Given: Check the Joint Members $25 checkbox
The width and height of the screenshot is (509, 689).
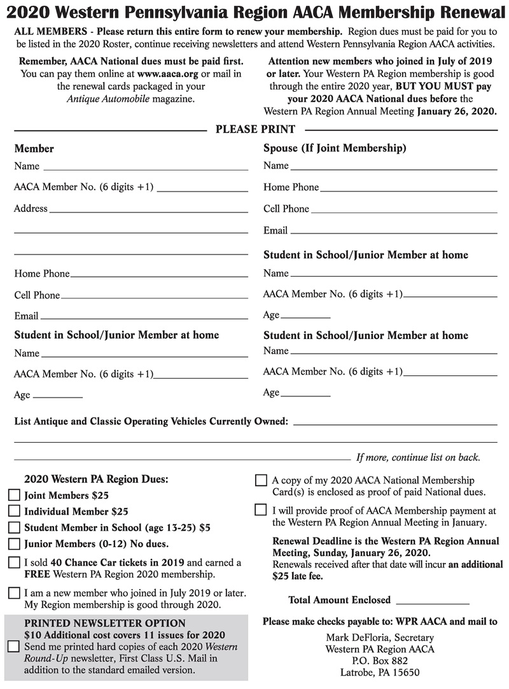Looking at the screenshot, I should [14, 495].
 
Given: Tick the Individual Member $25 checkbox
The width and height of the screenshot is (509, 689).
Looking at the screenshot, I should [14, 511].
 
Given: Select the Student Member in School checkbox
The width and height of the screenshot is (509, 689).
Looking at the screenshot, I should [14, 527].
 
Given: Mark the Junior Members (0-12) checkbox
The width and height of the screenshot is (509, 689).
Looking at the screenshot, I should [14, 544].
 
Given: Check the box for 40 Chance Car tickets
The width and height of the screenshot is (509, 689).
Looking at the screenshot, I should [14, 562].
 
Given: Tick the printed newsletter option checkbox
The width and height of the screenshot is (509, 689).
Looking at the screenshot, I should [14, 646].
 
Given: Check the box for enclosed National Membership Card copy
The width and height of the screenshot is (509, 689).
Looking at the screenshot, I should [261, 480].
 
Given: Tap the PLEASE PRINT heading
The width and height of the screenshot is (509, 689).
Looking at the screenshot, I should [255, 129].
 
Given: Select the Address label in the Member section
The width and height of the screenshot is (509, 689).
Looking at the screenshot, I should [31, 208].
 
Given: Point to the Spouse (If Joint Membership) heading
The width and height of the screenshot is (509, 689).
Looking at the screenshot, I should [335, 148].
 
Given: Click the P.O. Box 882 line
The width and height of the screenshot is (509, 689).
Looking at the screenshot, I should [380, 660].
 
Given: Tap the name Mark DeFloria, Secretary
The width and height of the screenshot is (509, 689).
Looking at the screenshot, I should [380, 637].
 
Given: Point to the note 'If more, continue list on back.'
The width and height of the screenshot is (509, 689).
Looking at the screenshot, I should [418, 457].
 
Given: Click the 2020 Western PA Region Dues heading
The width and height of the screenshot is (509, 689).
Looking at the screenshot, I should [96, 478].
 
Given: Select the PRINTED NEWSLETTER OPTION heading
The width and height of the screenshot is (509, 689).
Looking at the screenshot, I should [105, 623].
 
